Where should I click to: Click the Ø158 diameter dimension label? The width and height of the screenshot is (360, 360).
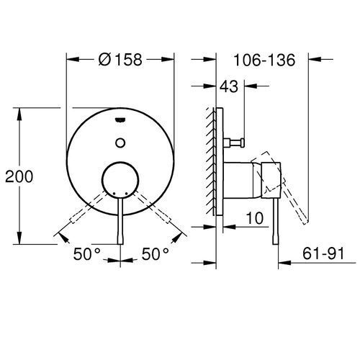point(120,59)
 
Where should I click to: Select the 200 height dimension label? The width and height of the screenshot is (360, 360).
point(19,176)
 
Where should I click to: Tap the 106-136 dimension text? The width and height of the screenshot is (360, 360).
point(264,60)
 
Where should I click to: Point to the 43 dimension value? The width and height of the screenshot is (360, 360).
point(229,86)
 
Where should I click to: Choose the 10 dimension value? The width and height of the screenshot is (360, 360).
point(255,218)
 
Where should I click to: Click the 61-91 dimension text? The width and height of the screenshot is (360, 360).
point(323,253)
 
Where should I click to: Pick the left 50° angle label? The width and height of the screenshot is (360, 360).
point(86,254)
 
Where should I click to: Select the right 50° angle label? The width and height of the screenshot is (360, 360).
point(156,254)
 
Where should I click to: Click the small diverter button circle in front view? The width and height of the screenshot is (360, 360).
point(120,143)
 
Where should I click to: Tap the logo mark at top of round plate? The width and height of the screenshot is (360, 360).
point(120,120)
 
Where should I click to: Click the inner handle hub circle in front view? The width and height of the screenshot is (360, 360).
point(120,180)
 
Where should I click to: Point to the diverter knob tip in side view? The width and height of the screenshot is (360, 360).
point(243,143)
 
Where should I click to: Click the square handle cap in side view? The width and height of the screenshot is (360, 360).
point(271,181)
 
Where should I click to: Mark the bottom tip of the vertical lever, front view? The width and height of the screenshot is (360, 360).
point(120,244)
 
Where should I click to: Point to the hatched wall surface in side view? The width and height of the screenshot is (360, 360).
point(210,161)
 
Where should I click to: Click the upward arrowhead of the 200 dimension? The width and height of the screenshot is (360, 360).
point(19,114)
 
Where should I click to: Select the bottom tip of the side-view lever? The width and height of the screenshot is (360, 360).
point(276,243)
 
